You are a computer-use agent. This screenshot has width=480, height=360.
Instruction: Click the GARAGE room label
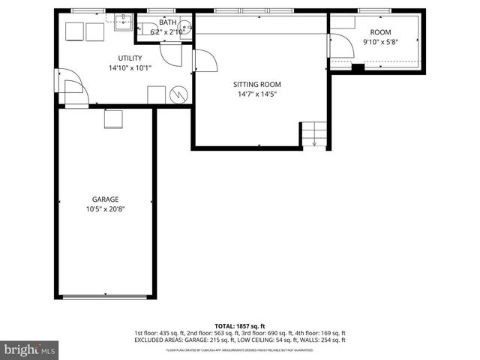pos(105,199)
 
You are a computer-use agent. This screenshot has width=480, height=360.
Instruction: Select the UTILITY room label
pos(130,58)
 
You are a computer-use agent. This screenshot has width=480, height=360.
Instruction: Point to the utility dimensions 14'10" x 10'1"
pos(130,67)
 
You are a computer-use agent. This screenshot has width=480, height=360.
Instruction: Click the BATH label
pos(167,23)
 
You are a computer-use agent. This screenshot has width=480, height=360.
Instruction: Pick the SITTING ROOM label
pos(259,85)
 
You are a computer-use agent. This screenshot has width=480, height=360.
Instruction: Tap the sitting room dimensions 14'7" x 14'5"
pos(259,94)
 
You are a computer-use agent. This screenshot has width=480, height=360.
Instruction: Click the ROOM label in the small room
pos(381,31)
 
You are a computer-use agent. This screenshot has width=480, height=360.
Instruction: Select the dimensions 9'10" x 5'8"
pos(381,41)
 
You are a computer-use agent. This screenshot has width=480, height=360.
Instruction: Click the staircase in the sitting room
pos(313,134)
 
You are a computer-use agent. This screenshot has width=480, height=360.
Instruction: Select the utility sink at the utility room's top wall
pos(124,21)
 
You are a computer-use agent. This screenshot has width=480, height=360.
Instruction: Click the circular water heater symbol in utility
pos(179,94)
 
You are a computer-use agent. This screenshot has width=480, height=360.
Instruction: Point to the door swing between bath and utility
pos(172,51)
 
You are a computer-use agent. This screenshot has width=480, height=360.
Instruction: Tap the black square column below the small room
pos(358,68)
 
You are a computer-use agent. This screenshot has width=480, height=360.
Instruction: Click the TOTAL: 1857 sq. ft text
pos(240,326)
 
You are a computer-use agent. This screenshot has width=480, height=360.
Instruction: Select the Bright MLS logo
pos(30,349)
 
